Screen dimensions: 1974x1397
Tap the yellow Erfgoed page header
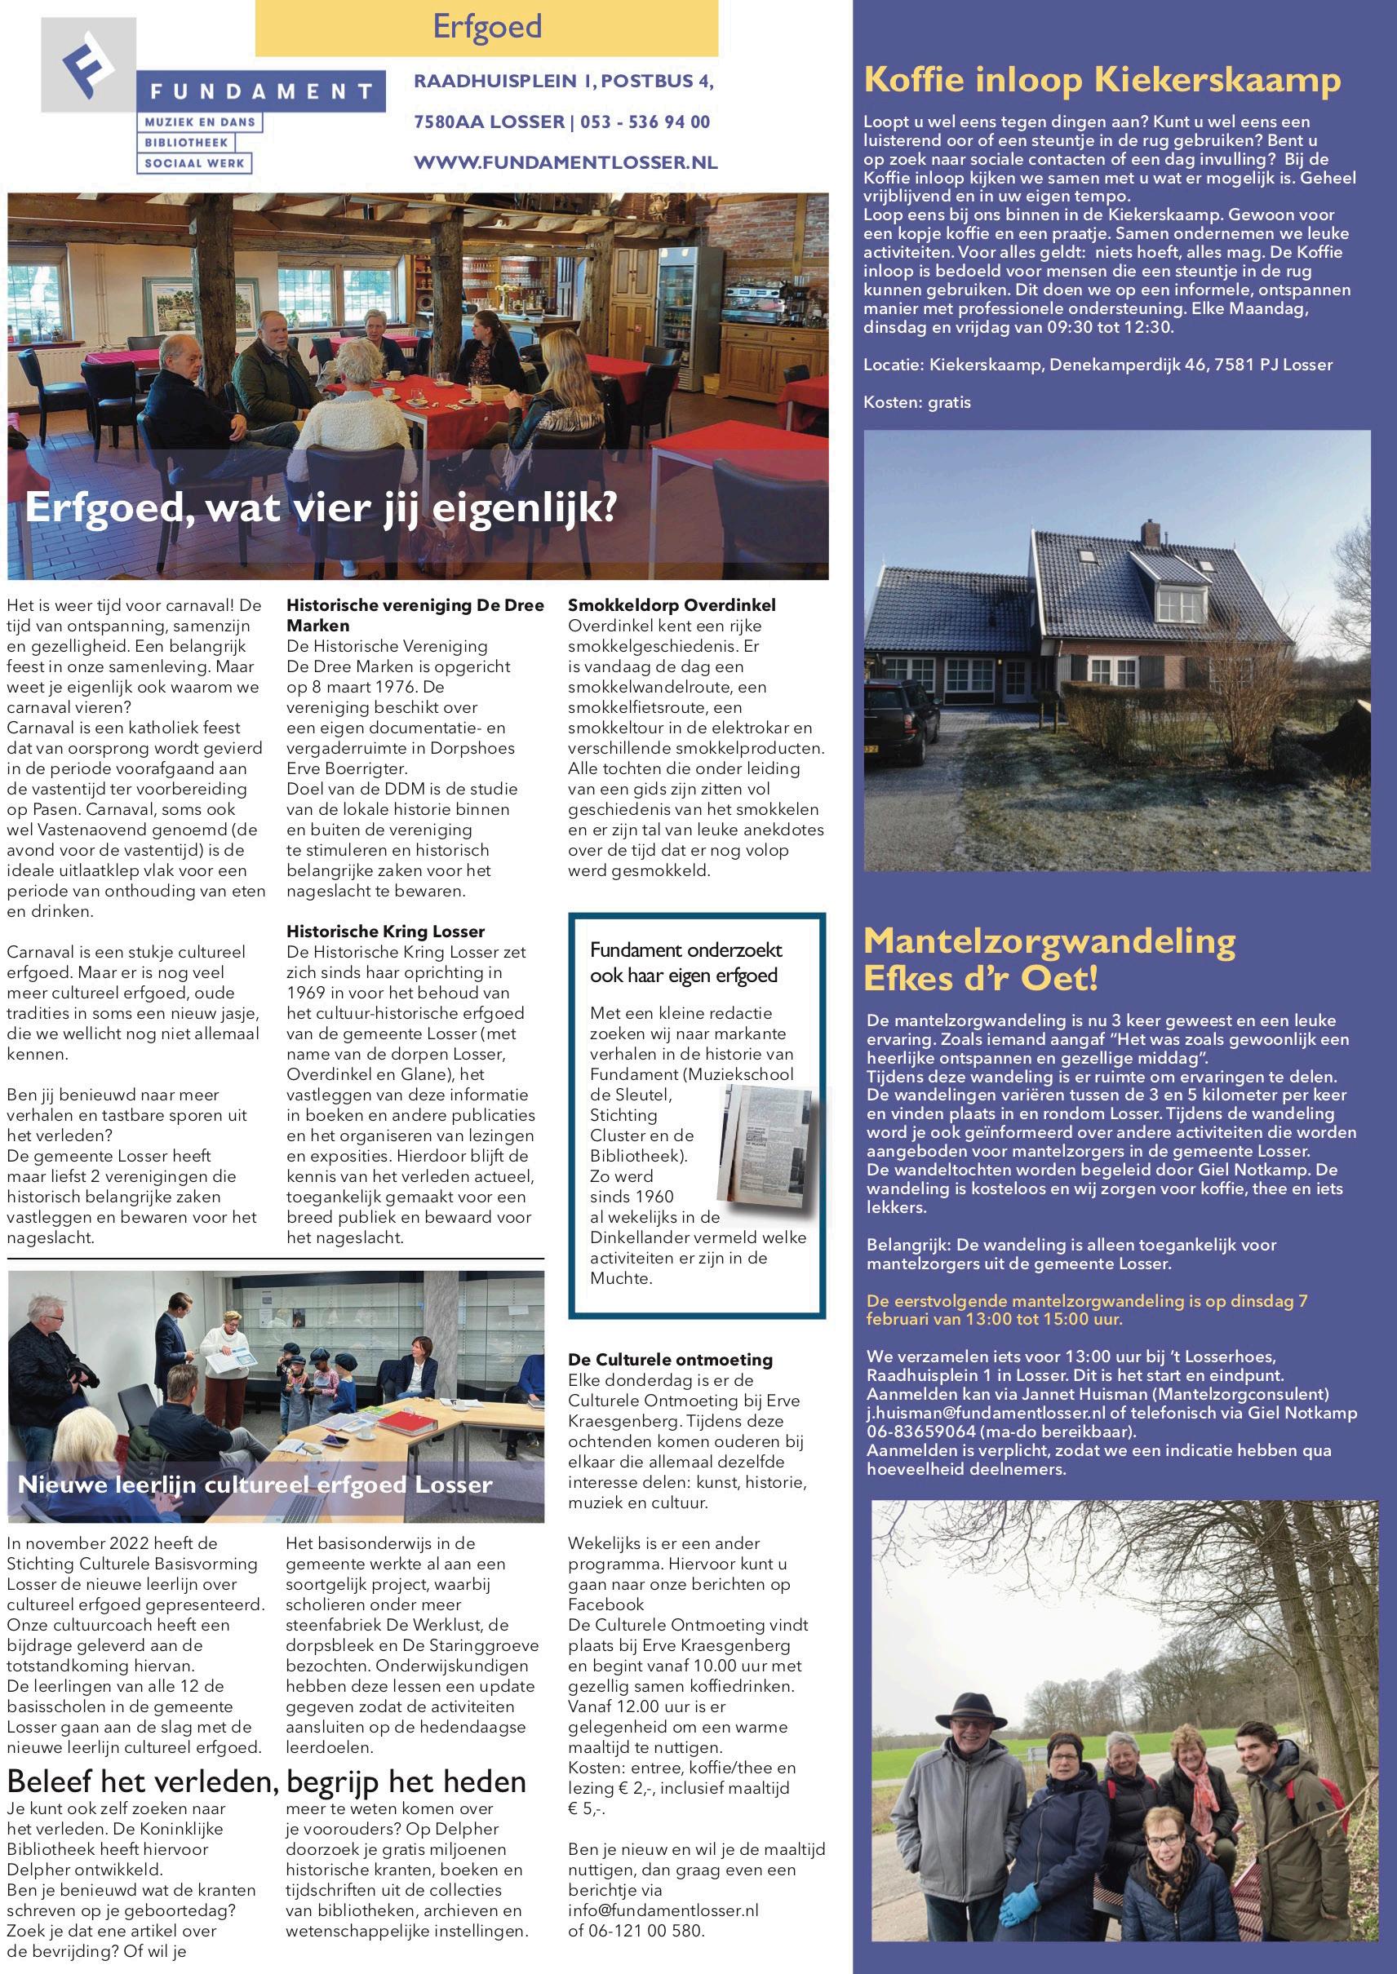point(486,27)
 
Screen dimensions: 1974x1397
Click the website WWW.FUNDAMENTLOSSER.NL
point(565,162)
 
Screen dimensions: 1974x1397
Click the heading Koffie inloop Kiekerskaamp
point(1102,80)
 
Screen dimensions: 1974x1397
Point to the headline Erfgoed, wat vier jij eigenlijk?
point(321,507)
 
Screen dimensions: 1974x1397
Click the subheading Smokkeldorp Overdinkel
point(671,605)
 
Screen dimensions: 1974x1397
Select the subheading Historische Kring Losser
point(385,931)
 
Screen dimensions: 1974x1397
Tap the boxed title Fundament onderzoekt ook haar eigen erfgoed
point(685,962)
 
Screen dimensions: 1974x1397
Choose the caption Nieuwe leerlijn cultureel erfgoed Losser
point(255,1484)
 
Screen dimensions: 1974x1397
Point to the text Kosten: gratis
point(917,401)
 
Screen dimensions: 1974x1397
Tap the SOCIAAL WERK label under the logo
point(194,162)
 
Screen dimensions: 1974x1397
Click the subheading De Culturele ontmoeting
point(670,1359)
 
